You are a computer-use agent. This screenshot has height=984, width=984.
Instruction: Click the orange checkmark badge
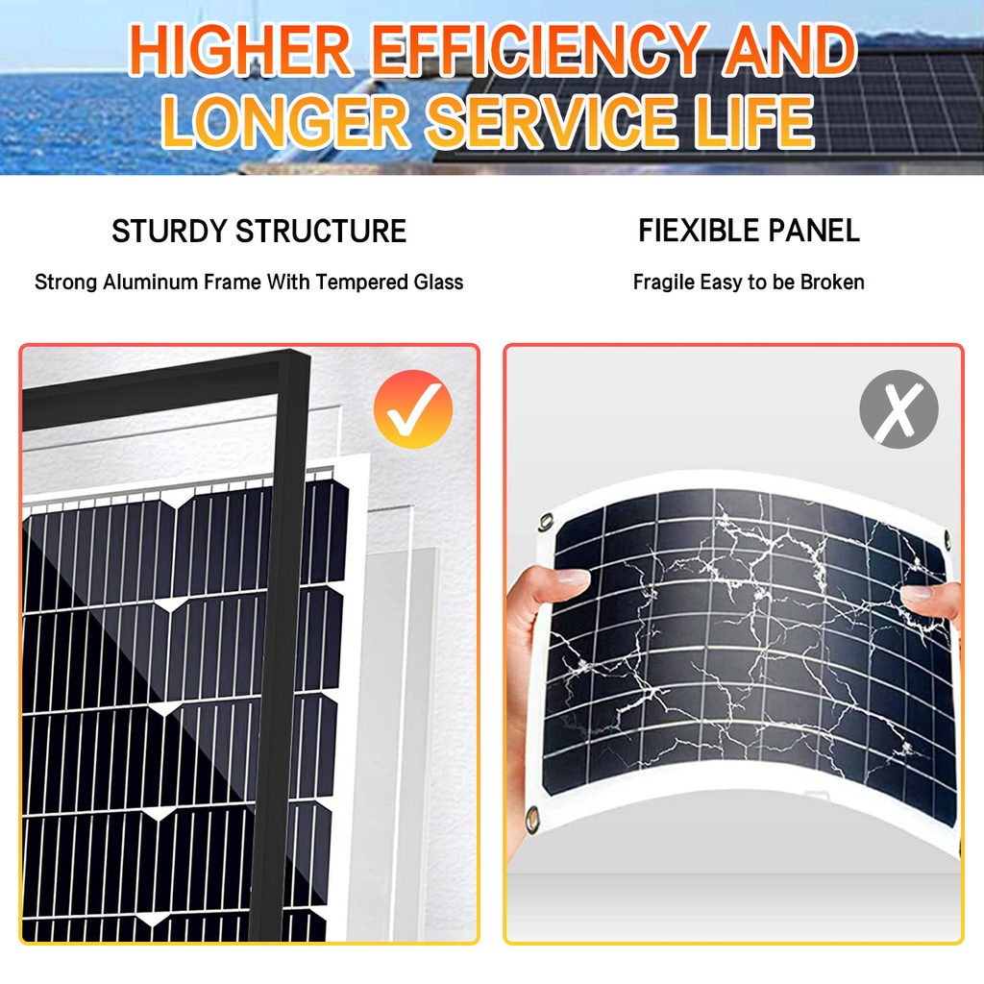tap(412, 408)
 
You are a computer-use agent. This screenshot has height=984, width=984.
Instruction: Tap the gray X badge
tap(898, 408)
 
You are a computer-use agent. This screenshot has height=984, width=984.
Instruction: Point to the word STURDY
tap(169, 232)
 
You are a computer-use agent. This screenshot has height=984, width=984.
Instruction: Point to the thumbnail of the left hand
tap(574, 578)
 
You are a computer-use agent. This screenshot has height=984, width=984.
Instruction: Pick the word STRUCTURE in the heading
tap(321, 232)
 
